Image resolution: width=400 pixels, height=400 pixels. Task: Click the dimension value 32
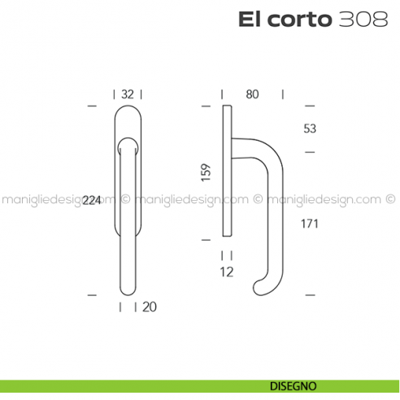tap(128, 94)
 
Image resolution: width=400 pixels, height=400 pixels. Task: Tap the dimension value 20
tap(150, 307)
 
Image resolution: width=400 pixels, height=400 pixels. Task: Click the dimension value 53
tap(309, 128)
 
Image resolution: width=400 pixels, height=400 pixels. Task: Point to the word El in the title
tap(249, 20)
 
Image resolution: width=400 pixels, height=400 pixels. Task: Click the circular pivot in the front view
tap(128, 146)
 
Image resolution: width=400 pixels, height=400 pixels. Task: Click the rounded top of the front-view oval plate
tap(128, 113)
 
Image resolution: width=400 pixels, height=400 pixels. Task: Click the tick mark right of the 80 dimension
tap(282, 94)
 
